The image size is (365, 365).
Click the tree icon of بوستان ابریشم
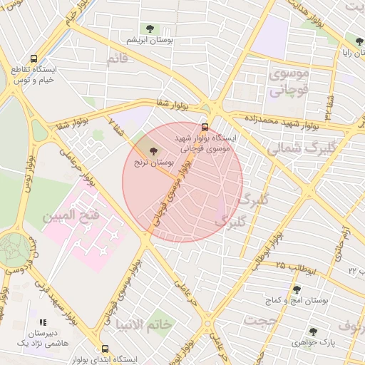point(150,29)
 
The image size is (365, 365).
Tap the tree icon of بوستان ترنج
point(155,150)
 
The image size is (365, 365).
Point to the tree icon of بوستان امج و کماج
point(297,289)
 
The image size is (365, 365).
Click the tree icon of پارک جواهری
point(312,331)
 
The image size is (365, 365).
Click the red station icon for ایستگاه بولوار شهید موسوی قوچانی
point(206,128)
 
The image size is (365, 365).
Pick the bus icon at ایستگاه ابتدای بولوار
point(105,349)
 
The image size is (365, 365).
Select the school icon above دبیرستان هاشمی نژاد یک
point(43,322)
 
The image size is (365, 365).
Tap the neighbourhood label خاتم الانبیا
point(144,324)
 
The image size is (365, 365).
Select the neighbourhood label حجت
point(260,321)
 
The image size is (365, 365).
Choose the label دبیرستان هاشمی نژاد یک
point(43,338)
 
